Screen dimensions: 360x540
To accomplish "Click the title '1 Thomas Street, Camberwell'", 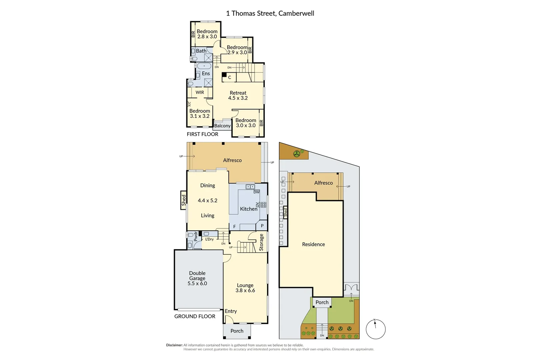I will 270,13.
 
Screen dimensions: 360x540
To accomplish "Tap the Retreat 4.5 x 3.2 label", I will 238,95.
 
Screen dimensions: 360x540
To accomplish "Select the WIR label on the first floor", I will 200,92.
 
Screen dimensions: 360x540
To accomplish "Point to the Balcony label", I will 222,126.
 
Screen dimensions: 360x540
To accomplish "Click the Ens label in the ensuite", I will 206,73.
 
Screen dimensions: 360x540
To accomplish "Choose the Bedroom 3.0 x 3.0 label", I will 246,123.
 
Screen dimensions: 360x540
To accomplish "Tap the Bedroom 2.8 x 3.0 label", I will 207,34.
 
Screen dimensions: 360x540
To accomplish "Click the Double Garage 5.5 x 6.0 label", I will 197,278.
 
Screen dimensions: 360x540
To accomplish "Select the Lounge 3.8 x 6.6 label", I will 245,288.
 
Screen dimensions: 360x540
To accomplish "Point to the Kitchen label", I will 249,209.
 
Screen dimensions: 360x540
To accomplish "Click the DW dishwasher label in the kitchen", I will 256,192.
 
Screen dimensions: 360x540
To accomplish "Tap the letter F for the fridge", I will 234,227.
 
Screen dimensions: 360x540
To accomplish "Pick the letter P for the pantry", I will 262,226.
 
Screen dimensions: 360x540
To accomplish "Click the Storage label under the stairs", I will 261,242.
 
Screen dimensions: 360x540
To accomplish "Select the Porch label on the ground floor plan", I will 237,331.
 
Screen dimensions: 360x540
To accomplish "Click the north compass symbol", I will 376,329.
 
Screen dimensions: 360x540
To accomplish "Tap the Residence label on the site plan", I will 313,244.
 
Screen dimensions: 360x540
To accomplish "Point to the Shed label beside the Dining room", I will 184,200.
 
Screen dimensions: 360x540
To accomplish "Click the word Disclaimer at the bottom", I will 174,345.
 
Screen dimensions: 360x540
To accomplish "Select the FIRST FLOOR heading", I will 202,134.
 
